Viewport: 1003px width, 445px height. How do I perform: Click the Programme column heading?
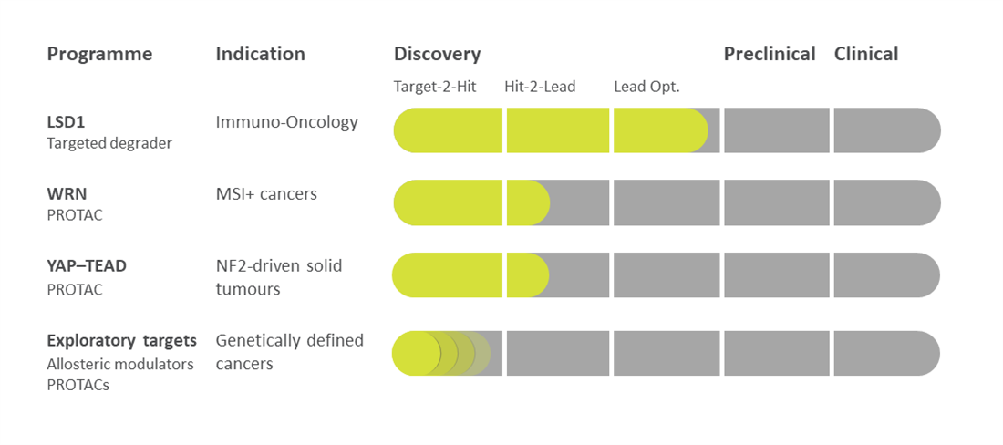pyautogui.click(x=99, y=55)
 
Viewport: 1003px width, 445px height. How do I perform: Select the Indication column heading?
pyautogui.click(x=261, y=54)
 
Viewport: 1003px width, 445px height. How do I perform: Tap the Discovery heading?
pyautogui.click(x=437, y=55)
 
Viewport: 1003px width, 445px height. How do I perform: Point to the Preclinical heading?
pyautogui.click(x=770, y=54)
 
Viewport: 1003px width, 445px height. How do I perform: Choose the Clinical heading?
pyautogui.click(x=866, y=54)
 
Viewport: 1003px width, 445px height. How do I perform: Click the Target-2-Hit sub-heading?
pyautogui.click(x=434, y=87)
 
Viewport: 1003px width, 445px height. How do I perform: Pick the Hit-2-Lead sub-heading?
pyautogui.click(x=540, y=87)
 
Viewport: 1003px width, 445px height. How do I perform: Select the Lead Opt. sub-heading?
pyautogui.click(x=646, y=87)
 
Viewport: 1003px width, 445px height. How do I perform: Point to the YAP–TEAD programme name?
pyautogui.click(x=87, y=266)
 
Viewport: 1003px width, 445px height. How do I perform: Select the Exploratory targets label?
pyautogui.click(x=121, y=341)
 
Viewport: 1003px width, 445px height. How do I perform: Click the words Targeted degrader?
pyautogui.click(x=109, y=144)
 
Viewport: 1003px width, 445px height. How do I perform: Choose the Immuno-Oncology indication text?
pyautogui.click(x=287, y=123)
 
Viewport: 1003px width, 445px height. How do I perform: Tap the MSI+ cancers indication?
pyautogui.click(x=267, y=193)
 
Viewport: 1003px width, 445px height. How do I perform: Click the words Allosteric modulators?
pyautogui.click(x=120, y=365)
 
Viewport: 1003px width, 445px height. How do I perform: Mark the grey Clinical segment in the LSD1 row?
pyautogui.click(x=887, y=130)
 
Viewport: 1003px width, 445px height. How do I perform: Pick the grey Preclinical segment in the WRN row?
pyautogui.click(x=777, y=202)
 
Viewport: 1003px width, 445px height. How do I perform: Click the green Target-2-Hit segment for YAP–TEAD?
pyautogui.click(x=447, y=274)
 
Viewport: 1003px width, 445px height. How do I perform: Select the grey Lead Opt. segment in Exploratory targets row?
pyautogui.click(x=667, y=354)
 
